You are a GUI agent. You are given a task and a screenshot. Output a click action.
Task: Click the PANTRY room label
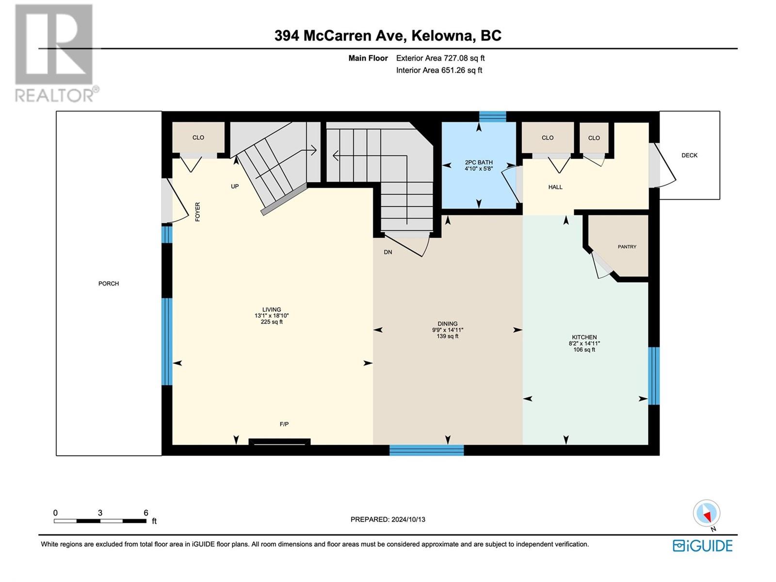click(x=627, y=247)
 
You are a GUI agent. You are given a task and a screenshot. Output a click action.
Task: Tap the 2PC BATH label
click(x=479, y=162)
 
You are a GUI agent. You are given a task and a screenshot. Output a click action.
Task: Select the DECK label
click(x=689, y=155)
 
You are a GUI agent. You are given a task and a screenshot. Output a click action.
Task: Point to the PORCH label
click(x=109, y=283)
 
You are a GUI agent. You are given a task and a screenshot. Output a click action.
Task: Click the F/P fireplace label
click(x=284, y=424)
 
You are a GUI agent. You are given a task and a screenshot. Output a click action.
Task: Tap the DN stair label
click(x=388, y=252)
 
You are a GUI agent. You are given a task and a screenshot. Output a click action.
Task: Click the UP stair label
click(x=235, y=186)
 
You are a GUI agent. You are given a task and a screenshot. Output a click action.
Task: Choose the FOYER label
click(x=197, y=211)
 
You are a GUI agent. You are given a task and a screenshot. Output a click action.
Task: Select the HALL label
click(x=555, y=187)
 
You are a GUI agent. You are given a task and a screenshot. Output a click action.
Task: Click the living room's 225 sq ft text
click(x=272, y=322)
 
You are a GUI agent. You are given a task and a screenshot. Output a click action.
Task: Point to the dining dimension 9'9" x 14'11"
click(x=448, y=330)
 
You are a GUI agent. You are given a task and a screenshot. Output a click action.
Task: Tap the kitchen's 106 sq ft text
click(x=584, y=350)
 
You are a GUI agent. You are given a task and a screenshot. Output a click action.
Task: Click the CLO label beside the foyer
click(x=198, y=137)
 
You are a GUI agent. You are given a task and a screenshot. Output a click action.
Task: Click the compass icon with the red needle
click(x=706, y=514)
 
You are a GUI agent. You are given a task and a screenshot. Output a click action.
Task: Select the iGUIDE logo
click(x=702, y=546)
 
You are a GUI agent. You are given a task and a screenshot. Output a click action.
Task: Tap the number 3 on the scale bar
click(x=100, y=513)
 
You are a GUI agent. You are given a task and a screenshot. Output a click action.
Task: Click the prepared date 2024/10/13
click(x=408, y=519)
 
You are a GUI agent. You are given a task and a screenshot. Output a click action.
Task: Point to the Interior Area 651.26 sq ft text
click(x=439, y=70)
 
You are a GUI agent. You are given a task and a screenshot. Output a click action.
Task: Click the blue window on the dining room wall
click(x=426, y=450)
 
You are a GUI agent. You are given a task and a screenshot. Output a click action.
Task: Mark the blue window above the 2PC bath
click(x=492, y=116)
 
